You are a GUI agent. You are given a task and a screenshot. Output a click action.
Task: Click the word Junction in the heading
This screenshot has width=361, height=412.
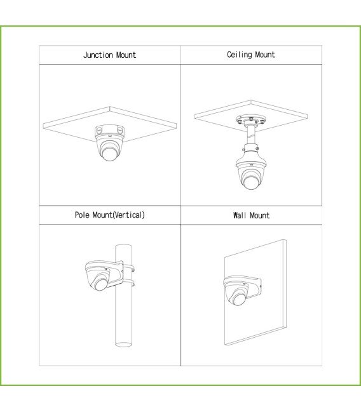[x=98, y=55]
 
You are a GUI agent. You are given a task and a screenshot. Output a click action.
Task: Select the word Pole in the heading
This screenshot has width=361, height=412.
[x=82, y=215]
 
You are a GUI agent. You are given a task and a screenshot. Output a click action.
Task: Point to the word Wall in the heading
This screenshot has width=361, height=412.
[x=240, y=215]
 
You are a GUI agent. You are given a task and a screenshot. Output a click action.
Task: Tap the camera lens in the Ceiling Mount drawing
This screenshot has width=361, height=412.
[x=250, y=182]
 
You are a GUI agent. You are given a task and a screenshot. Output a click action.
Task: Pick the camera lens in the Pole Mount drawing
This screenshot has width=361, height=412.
[x=101, y=284]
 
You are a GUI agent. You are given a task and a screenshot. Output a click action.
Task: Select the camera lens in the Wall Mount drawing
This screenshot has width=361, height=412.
[x=239, y=298]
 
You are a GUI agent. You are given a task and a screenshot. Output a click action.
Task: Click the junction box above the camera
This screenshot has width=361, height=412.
[x=110, y=131]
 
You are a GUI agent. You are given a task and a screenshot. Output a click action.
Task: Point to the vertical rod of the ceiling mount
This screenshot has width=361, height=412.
[x=250, y=135]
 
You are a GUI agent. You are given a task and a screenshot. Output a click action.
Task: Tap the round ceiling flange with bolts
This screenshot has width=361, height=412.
[x=251, y=121]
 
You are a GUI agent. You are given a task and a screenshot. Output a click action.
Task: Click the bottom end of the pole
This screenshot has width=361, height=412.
[x=124, y=344]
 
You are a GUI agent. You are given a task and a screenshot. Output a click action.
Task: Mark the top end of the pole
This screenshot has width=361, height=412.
[x=124, y=246]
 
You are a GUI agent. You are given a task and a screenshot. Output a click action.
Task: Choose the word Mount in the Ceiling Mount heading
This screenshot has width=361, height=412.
[x=265, y=55]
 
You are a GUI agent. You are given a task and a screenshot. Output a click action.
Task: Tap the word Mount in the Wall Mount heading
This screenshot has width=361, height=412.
[x=260, y=215]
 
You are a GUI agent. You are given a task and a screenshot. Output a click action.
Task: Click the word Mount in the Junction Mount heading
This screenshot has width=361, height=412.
[x=126, y=55]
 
